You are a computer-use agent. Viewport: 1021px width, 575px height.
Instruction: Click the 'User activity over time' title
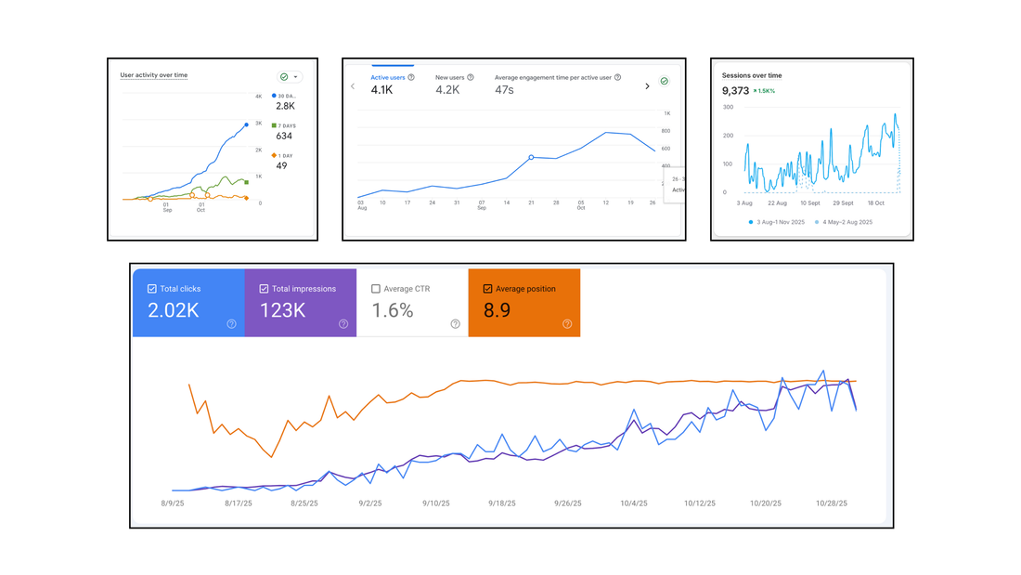(154, 74)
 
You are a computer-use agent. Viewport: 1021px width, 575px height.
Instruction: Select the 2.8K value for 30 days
(284, 107)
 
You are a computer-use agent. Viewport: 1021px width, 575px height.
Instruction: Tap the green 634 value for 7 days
(284, 136)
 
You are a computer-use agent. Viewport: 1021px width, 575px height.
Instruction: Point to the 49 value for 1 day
(281, 165)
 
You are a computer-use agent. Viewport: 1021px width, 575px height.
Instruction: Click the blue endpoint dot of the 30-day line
(247, 124)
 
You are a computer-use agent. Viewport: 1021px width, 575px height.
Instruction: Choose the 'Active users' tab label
(388, 77)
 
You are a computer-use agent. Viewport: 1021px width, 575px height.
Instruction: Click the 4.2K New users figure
(448, 90)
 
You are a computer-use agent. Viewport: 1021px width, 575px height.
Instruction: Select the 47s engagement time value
(504, 90)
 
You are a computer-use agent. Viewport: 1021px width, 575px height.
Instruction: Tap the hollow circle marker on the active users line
(531, 158)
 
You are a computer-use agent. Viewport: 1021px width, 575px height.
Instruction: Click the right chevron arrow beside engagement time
(647, 86)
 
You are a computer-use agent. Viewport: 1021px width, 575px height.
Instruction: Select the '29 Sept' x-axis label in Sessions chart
(842, 202)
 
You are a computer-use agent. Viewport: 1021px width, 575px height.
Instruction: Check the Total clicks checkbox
(152, 289)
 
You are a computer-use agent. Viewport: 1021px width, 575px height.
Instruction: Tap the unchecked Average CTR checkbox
(375, 289)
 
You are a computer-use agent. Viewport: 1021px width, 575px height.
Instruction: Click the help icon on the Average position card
(567, 324)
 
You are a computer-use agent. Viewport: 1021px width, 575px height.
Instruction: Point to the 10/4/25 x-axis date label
(635, 503)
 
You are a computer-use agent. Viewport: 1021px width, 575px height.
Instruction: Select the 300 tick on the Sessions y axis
(728, 107)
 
